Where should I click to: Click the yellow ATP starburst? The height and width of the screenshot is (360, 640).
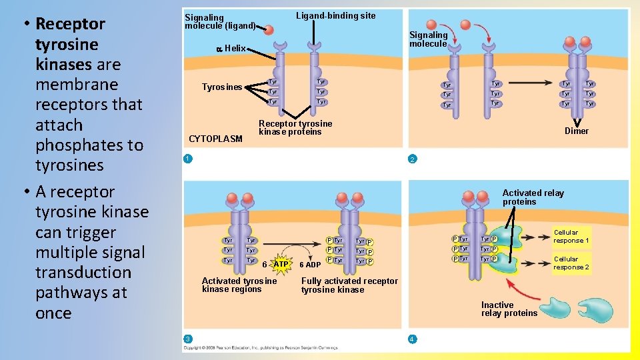pyautogui.click(x=281, y=265)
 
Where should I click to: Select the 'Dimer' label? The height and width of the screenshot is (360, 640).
pyautogui.click(x=577, y=131)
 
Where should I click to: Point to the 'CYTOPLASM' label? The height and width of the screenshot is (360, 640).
pyautogui.click(x=216, y=139)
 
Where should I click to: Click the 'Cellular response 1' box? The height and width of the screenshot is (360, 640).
pyautogui.click(x=571, y=237)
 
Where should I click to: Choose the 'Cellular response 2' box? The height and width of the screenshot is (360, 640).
pyautogui.click(x=571, y=263)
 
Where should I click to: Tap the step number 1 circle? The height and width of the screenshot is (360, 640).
pyautogui.click(x=188, y=159)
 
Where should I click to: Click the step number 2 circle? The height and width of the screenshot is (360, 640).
pyautogui.click(x=413, y=159)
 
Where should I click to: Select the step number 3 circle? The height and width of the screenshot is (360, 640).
pyautogui.click(x=188, y=339)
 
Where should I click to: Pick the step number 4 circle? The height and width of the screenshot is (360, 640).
pyautogui.click(x=413, y=339)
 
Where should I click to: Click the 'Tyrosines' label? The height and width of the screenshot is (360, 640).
pyautogui.click(x=222, y=87)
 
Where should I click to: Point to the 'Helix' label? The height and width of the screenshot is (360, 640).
pyautogui.click(x=235, y=48)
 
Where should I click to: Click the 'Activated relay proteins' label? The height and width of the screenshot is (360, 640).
pyautogui.click(x=533, y=197)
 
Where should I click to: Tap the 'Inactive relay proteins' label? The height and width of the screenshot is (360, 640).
pyautogui.click(x=509, y=309)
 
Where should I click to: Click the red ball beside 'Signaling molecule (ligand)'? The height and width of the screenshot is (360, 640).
pyautogui.click(x=267, y=30)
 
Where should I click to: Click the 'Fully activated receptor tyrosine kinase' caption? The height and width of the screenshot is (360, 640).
pyautogui.click(x=349, y=285)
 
